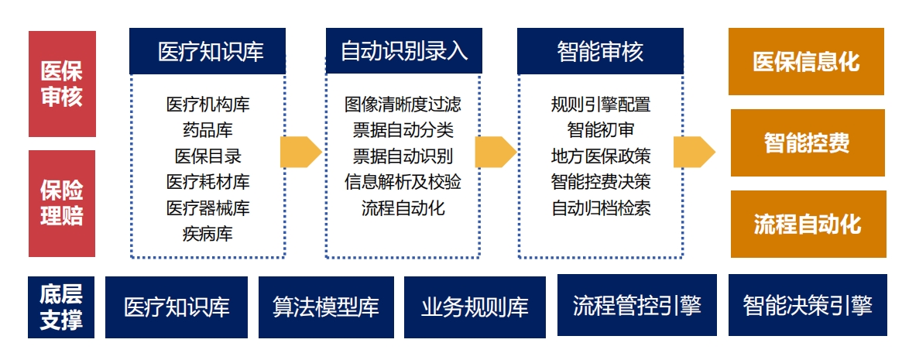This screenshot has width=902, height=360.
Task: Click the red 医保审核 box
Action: [62, 84]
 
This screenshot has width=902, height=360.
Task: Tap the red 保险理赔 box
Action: [62, 204]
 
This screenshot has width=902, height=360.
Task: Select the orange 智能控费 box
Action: [808, 142]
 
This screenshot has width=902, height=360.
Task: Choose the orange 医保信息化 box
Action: [806, 61]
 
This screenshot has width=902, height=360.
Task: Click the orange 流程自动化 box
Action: [808, 225]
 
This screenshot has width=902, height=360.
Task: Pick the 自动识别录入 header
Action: [404, 51]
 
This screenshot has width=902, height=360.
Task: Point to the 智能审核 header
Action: [600, 51]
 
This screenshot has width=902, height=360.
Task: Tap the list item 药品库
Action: [207, 130]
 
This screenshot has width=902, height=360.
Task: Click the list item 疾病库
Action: [207, 234]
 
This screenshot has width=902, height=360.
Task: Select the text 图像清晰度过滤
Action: [403, 104]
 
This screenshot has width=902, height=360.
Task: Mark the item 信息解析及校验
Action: [403, 182]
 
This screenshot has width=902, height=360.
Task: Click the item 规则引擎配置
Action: [601, 104]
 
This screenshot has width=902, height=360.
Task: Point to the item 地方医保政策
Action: [601, 156]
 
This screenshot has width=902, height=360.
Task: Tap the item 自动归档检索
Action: [601, 207]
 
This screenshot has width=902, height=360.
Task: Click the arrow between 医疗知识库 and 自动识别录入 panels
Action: [301, 152]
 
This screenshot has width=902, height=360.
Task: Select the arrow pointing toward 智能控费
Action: [695, 152]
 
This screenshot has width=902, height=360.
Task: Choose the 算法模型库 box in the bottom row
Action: [326, 307]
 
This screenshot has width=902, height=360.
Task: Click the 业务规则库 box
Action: [475, 307]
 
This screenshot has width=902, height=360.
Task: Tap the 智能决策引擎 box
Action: [808, 305]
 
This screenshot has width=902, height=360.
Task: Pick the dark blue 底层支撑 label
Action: [61, 307]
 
